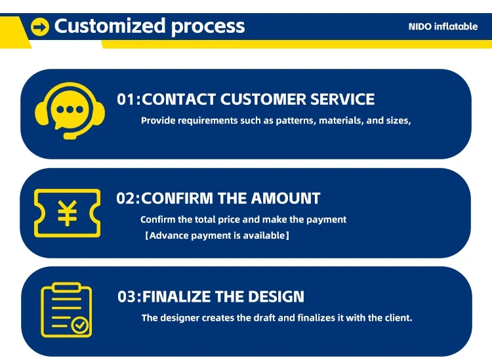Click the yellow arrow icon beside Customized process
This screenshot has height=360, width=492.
coord(41,27)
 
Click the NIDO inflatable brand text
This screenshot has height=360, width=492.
coord(443,27)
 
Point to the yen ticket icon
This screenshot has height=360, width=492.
coord(67,212)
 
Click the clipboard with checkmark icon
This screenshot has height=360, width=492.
coord(66,310)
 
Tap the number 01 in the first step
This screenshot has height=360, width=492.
coord(125,100)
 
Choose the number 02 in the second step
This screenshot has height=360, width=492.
coord(125,198)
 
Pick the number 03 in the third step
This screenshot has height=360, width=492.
coord(127,296)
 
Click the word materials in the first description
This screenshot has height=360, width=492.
coord(340,121)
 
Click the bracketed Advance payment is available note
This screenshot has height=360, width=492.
coord(217,235)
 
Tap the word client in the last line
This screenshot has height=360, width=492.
coord(396,318)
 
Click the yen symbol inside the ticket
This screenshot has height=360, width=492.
coord(67,212)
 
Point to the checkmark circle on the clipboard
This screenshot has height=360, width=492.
coord(82,324)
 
